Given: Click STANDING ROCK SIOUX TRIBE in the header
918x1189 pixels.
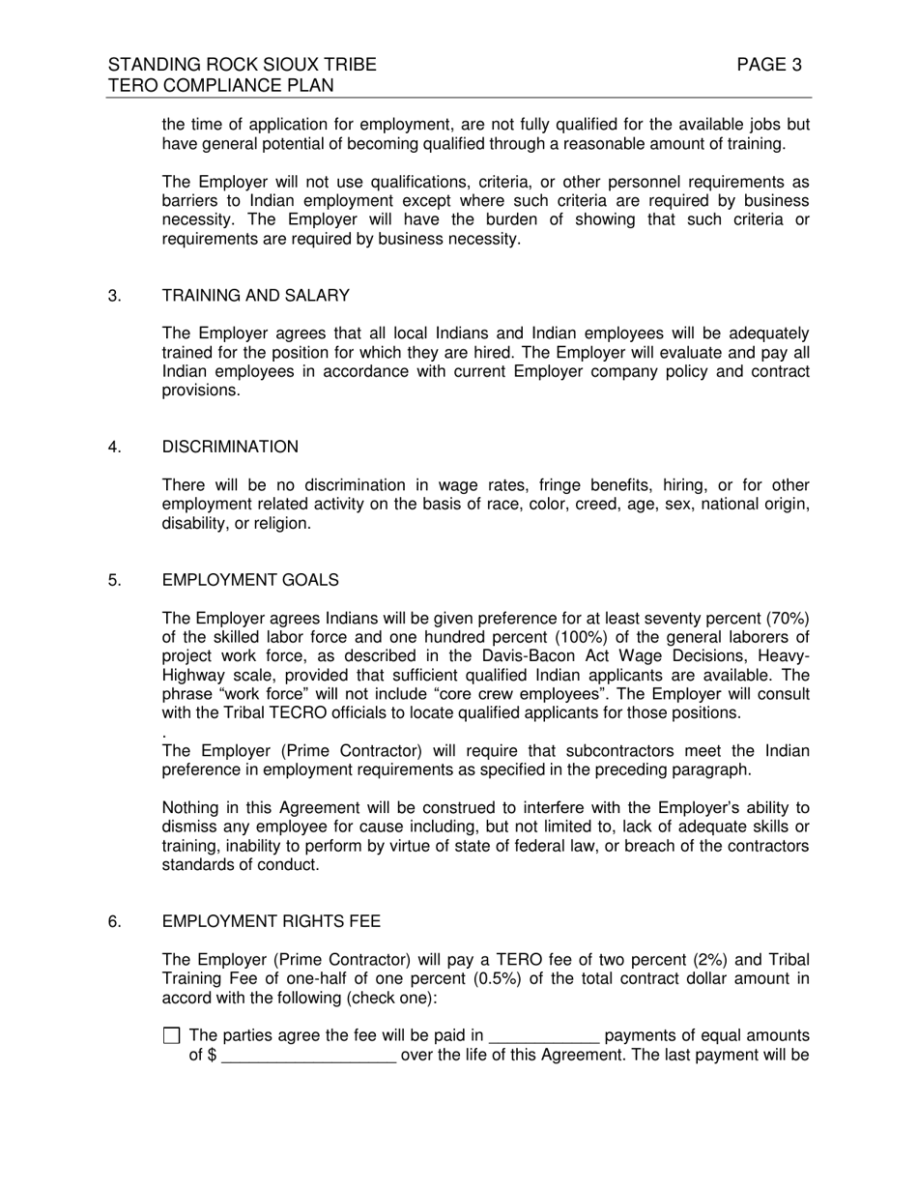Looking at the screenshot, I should point(242,66).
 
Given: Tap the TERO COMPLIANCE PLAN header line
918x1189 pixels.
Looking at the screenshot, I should point(220,86).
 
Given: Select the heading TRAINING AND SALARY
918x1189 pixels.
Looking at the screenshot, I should point(255,296).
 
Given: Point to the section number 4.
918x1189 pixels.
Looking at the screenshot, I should point(115,447).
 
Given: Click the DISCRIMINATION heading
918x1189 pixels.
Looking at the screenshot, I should point(230,447).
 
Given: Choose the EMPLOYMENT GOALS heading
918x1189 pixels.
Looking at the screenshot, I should point(250,580).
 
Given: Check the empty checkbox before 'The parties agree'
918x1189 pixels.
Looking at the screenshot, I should point(172,1035).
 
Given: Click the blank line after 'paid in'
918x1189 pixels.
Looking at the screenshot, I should point(544,1037).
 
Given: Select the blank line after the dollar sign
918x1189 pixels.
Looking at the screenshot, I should point(308,1056).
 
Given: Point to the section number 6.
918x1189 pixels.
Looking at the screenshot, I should point(115,922).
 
